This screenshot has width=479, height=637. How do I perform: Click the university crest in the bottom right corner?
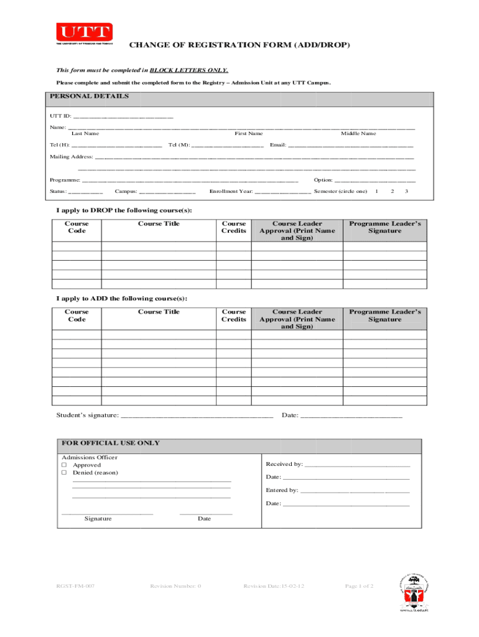tap(412, 592)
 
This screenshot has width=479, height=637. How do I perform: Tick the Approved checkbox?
tap(63, 465)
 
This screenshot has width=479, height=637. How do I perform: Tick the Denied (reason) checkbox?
tap(63, 473)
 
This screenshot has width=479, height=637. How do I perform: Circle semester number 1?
tap(377, 191)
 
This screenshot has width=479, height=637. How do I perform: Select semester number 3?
tap(406, 191)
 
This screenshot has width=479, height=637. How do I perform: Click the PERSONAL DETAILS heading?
tap(90, 96)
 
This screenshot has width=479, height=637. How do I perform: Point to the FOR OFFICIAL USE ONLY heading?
tap(110, 444)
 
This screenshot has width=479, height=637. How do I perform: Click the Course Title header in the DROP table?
tap(159, 224)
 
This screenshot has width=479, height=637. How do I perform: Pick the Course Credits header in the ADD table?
tap(234, 315)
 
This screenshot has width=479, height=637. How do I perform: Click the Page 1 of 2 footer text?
tap(359, 586)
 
